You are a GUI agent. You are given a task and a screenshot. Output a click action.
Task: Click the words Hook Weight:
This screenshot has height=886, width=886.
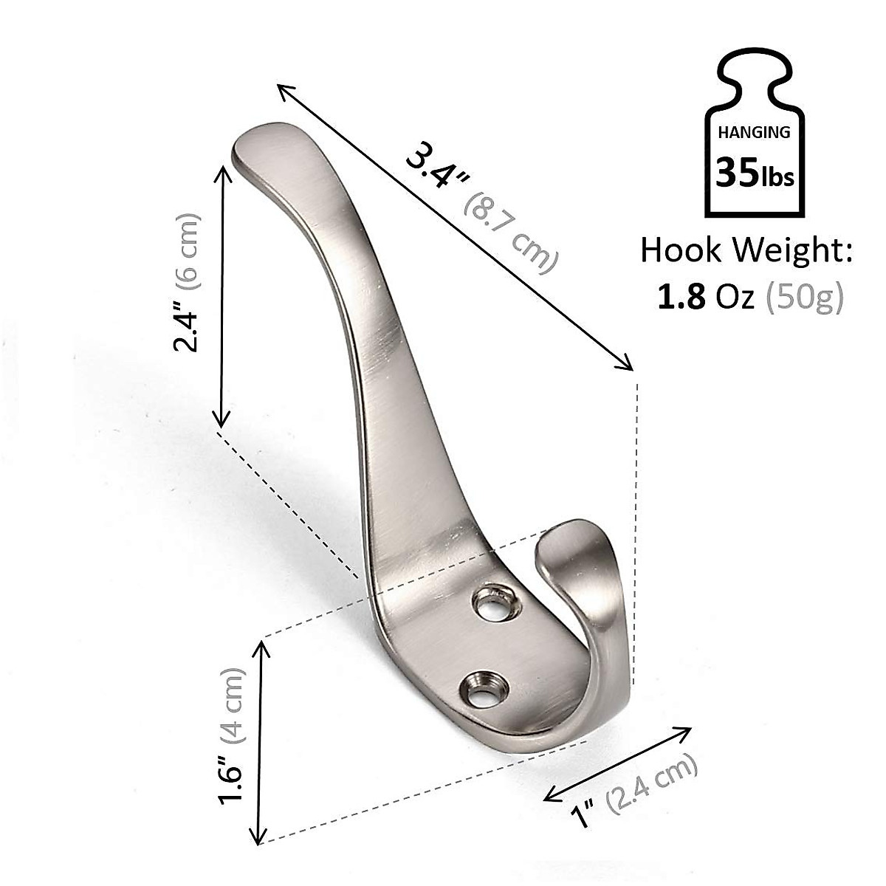[746, 250]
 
